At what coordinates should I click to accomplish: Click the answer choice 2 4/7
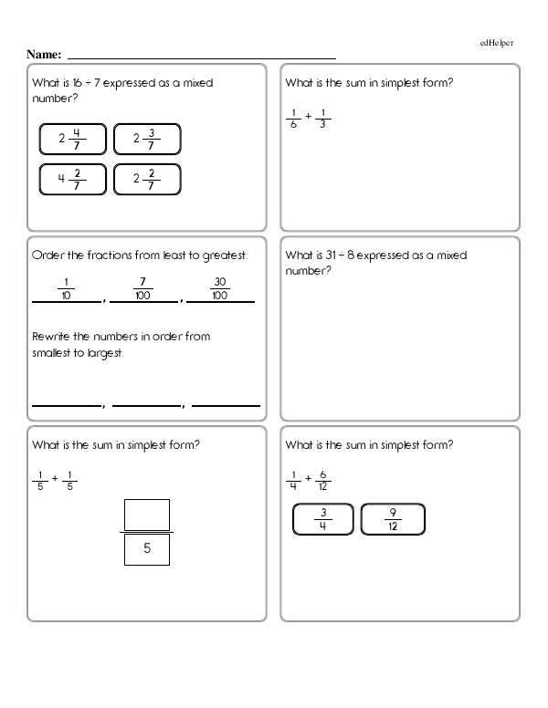tap(72, 140)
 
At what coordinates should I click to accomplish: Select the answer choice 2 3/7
tap(146, 140)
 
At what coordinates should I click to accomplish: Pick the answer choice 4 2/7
tap(72, 179)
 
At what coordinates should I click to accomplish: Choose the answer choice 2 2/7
tap(146, 179)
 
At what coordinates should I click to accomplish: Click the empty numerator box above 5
tap(145, 515)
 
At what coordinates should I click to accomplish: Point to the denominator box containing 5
tap(145, 549)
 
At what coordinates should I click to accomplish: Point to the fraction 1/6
tap(293, 119)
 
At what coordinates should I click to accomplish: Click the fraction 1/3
tap(325, 119)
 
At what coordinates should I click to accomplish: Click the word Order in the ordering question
tap(47, 255)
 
